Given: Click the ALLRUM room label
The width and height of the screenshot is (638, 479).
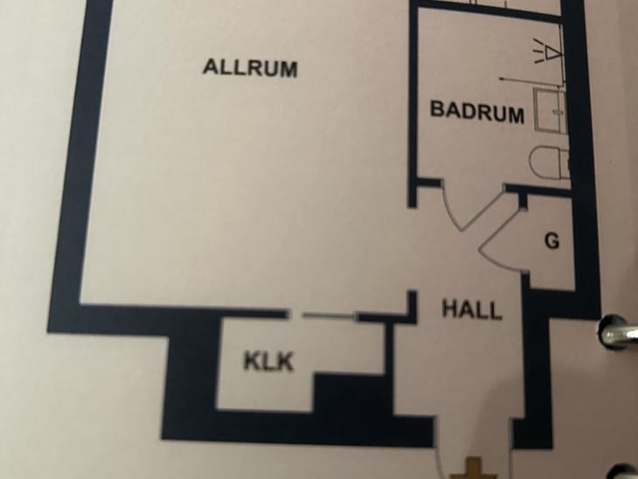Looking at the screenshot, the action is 250,68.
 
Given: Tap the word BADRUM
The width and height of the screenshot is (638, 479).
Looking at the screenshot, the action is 477,112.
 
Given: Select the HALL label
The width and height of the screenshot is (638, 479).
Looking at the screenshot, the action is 472,309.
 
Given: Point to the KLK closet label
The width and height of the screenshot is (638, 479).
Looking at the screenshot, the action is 268,361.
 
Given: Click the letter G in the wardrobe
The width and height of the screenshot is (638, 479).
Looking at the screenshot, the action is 551,241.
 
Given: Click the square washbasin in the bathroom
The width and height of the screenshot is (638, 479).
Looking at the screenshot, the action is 550,110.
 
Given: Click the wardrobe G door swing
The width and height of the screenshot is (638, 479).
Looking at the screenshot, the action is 501,240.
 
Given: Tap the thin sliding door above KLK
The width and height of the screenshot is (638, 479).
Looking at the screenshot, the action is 328,315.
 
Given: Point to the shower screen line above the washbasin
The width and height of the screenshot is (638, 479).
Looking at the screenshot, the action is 531,80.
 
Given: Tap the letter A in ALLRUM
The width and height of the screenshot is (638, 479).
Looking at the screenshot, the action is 212,66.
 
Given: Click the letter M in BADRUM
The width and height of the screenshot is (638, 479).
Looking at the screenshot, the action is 515,114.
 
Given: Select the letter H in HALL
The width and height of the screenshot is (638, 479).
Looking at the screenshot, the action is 450,308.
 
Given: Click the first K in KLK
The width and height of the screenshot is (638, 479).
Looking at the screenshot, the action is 252,361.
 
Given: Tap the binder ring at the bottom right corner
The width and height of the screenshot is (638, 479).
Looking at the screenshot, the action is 627,471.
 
